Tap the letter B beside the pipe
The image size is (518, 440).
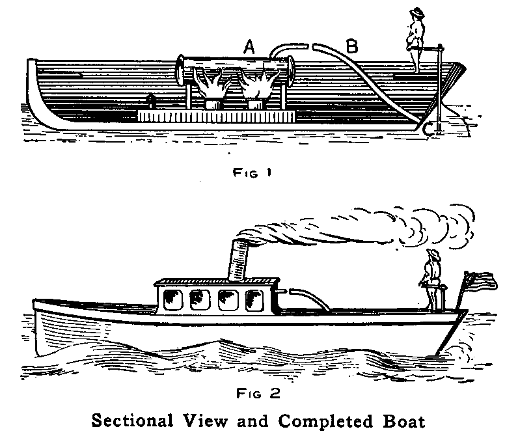(x=351, y=46)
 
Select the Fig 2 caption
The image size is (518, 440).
(x=247, y=392)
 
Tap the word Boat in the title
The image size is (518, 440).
(x=404, y=420)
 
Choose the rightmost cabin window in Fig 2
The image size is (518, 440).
(x=254, y=300)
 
